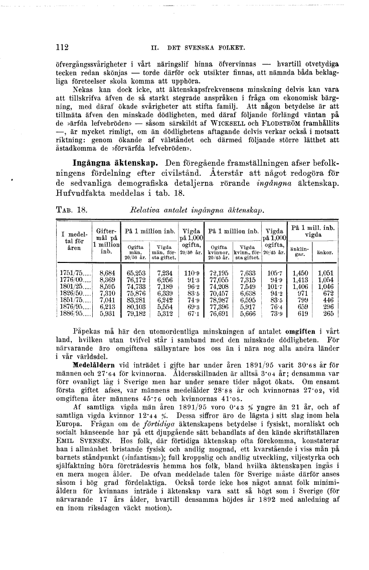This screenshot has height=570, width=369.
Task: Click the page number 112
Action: coord(62,48)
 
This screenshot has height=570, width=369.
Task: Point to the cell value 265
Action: coord(328,314)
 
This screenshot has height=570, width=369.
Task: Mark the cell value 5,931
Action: coord(108,314)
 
